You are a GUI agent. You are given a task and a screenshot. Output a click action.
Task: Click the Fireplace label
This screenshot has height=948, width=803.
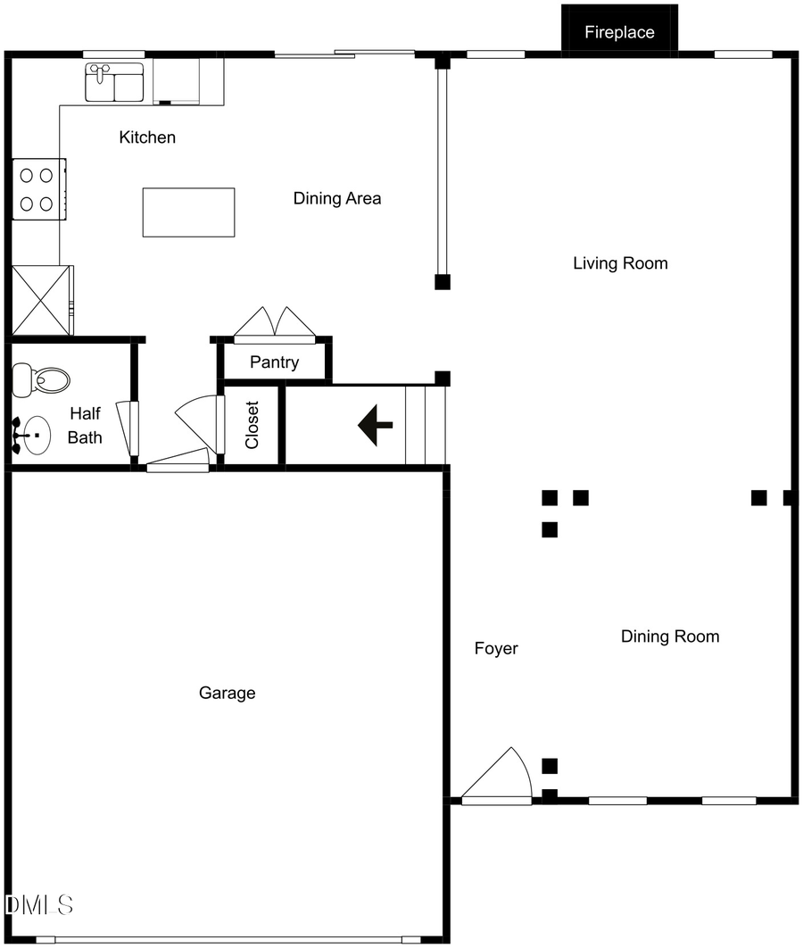(619, 33)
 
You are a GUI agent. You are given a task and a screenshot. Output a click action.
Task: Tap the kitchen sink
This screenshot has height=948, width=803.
(115, 82)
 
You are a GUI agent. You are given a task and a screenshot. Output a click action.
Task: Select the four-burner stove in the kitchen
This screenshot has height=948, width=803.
(37, 189)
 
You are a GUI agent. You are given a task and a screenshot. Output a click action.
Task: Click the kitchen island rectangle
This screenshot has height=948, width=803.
(188, 212)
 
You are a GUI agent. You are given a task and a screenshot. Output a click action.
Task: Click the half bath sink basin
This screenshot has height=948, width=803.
(37, 437)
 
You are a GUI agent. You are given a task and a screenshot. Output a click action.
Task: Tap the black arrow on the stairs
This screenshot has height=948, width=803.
(376, 425)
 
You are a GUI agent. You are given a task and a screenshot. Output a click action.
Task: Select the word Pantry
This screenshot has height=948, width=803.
(274, 363)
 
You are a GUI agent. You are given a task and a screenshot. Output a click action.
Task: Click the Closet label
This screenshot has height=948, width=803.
(252, 425)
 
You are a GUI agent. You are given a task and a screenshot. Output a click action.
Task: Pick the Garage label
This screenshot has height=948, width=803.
(227, 693)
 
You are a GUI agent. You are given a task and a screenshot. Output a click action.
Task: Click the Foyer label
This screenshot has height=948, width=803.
(496, 649)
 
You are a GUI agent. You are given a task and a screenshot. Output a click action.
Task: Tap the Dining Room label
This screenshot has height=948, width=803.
(669, 636)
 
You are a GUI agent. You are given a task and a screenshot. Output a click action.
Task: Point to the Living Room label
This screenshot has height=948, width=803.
(620, 263)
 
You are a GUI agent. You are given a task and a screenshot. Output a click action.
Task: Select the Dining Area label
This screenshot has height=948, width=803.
(337, 198)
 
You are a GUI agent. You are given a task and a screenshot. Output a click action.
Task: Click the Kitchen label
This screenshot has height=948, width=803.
(147, 137)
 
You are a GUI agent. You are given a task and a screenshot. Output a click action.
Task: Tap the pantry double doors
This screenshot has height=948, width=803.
(275, 324)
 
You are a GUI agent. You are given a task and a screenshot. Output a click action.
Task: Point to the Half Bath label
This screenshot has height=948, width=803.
(85, 425)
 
